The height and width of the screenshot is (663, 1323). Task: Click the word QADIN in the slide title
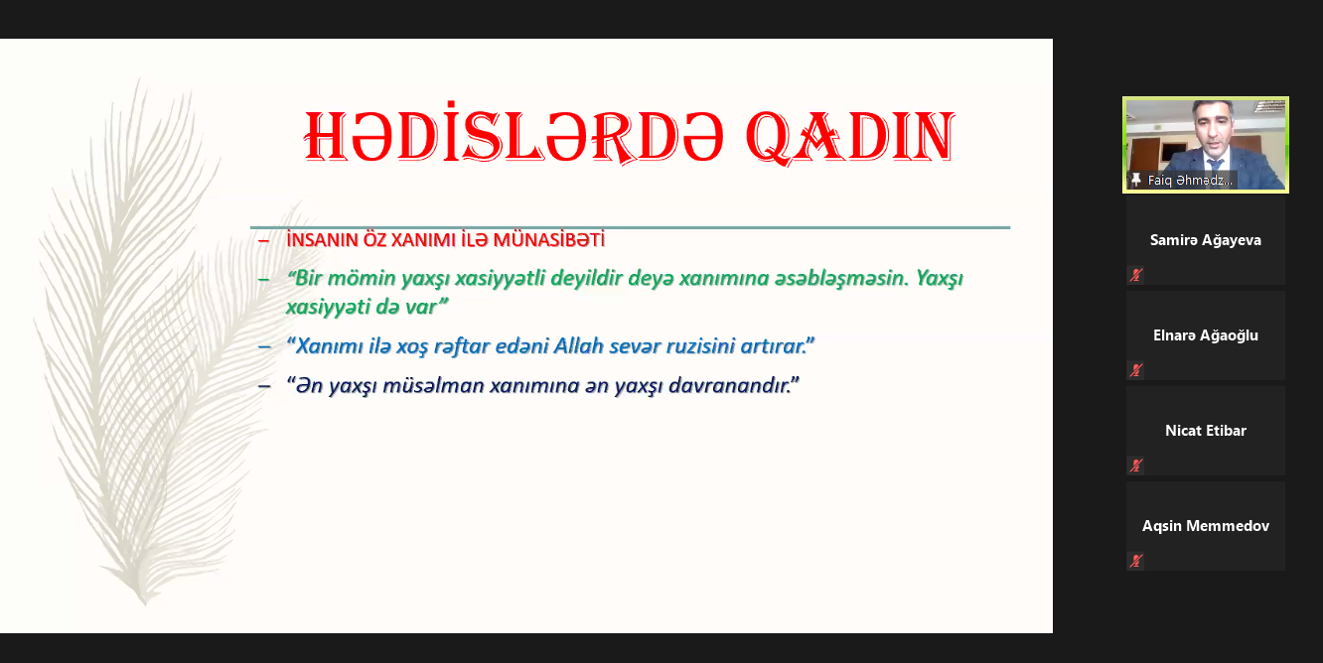(850, 136)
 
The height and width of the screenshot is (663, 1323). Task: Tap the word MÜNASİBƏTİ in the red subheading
(548, 240)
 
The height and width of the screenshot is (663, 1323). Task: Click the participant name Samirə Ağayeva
(1206, 240)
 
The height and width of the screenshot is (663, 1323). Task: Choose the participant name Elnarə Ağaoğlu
(1206, 335)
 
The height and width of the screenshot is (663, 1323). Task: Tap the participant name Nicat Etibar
(1206, 431)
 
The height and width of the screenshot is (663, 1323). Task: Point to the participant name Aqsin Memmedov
(1206, 525)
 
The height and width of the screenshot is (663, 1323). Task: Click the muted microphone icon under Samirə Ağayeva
(1135, 275)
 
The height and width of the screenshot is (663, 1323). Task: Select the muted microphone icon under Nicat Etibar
(1135, 465)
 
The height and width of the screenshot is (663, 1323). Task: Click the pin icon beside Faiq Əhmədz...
(1135, 180)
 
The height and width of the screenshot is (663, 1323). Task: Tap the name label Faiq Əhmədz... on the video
(1190, 180)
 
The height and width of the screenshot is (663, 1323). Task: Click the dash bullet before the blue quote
(264, 346)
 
